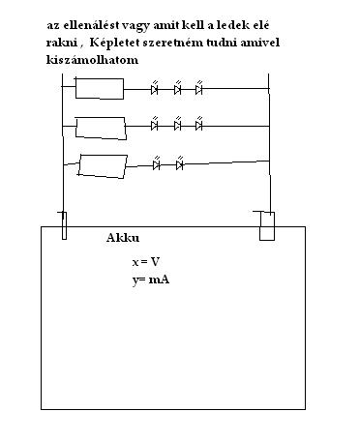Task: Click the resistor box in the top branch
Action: [x=100, y=88]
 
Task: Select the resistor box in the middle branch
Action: [x=101, y=129]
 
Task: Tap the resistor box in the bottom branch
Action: [x=103, y=166]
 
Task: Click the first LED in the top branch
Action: [x=155, y=88]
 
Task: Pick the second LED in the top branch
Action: [x=177, y=88]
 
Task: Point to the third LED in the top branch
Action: [x=199, y=88]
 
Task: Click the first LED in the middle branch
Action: [x=155, y=124]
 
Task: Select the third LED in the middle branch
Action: [x=199, y=124]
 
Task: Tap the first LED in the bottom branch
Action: [x=157, y=163]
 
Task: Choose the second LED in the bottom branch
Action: [x=180, y=163]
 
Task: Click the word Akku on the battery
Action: [x=123, y=238]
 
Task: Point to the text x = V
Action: [x=146, y=261]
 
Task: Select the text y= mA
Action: [x=151, y=279]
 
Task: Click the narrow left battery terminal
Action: [x=64, y=225]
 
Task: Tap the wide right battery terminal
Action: [x=267, y=226]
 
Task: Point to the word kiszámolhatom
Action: [x=92, y=60]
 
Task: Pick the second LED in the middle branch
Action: [x=177, y=124]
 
